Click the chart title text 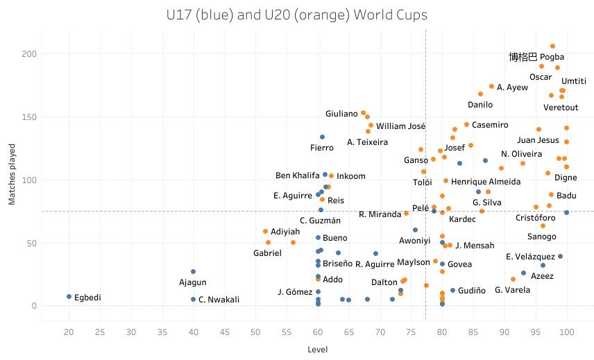(297, 15)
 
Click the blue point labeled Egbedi (69, 296)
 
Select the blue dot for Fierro (322, 137)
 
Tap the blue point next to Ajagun (193, 271)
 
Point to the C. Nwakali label (219, 300)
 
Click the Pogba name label (552, 57)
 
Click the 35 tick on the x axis (162, 332)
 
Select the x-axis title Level (317, 350)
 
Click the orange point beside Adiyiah (265, 231)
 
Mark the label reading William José (400, 126)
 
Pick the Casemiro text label (491, 125)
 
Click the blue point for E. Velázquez (560, 256)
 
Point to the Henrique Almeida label (486, 182)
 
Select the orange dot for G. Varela (513, 279)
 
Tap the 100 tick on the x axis (567, 332)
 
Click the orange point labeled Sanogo (543, 225)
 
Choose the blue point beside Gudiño (452, 290)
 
